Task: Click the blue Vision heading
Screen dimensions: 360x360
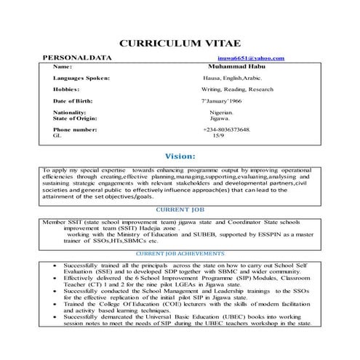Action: [x=180, y=156]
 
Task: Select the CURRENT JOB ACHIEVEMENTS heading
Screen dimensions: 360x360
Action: [x=180, y=253]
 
